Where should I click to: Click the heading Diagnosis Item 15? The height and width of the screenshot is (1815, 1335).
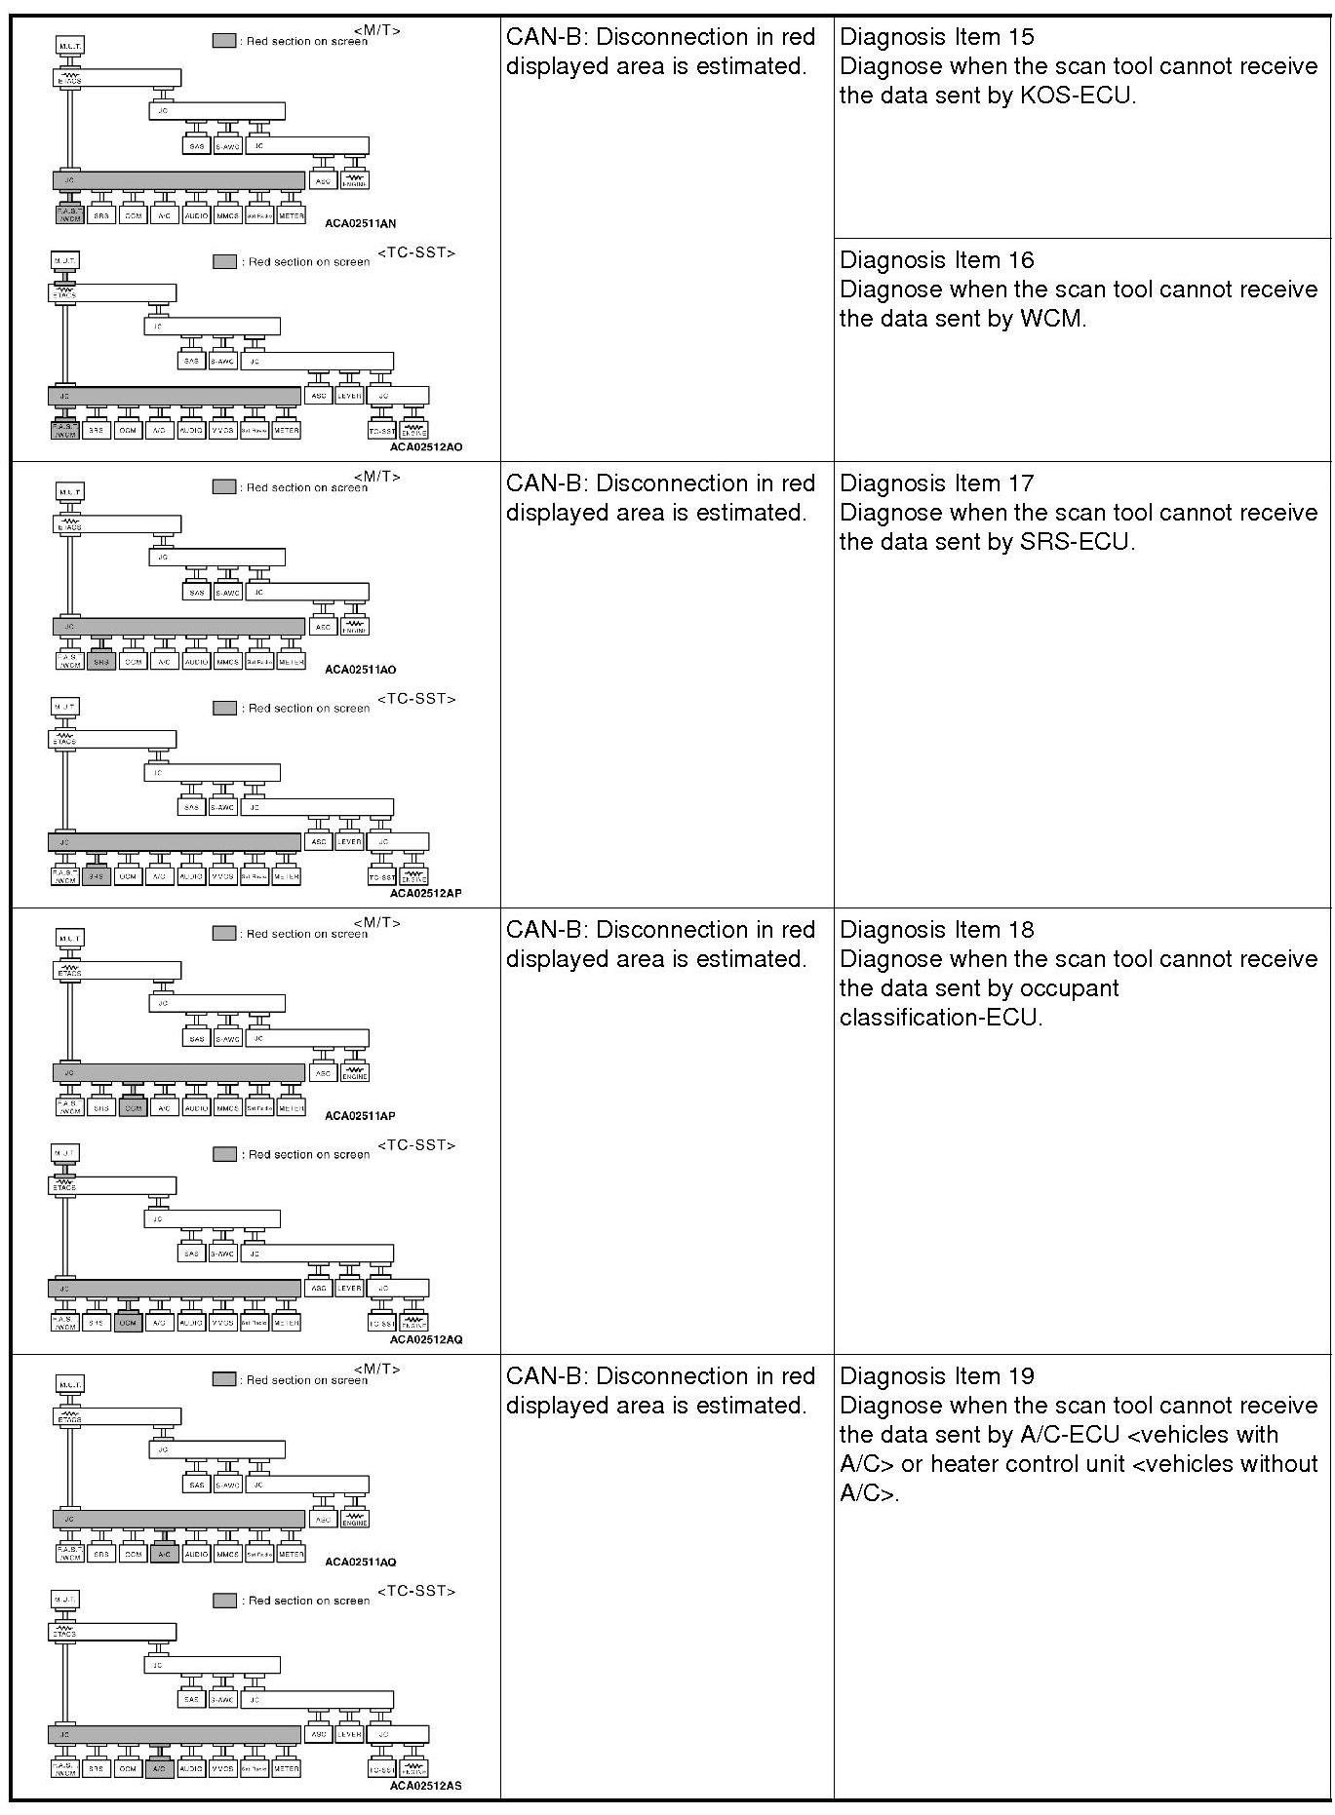936,37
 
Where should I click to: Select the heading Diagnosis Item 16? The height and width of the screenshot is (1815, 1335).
936,260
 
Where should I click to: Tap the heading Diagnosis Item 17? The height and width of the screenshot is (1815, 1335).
936,483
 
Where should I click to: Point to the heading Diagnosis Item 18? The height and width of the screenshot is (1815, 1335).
936,930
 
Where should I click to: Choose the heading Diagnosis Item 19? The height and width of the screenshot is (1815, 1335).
936,1376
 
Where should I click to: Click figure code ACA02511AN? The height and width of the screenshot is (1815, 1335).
360,223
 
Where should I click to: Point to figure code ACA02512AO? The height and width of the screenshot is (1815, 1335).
425,446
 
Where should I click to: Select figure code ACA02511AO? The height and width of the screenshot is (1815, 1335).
360,670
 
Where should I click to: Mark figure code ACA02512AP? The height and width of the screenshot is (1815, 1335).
425,893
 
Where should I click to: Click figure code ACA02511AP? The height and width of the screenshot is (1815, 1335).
360,1116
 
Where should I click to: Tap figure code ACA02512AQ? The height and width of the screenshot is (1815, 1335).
425,1339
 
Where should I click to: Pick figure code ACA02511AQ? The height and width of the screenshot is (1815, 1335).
360,1563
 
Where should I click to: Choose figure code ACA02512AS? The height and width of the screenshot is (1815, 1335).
425,1786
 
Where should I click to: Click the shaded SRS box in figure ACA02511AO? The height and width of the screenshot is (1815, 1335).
101,662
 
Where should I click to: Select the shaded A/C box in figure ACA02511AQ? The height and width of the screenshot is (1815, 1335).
164,1555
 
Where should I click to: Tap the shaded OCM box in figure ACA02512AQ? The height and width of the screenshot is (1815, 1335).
128,1323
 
